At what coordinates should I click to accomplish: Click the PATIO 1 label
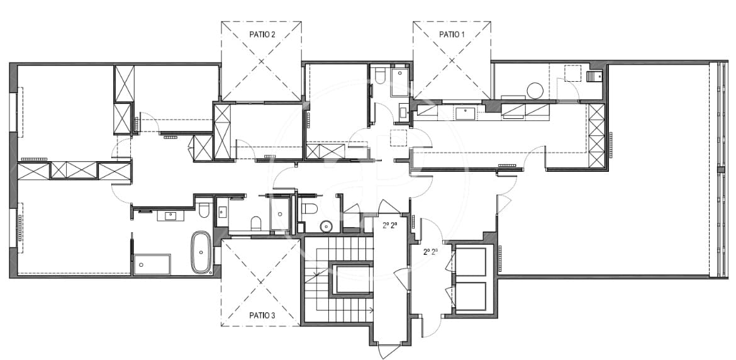pyautogui.click(x=452, y=35)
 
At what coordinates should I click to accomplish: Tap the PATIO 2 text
pyautogui.click(x=261, y=35)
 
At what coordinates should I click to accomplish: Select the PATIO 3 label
pyautogui.click(x=261, y=315)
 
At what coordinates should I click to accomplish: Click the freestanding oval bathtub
pyautogui.click(x=201, y=252)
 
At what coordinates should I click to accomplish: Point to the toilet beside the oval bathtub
pyautogui.click(x=203, y=210)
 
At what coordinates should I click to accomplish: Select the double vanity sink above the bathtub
pyautogui.click(x=170, y=216)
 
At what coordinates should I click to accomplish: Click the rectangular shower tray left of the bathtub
pyautogui.click(x=152, y=264)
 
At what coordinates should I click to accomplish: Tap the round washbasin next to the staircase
pyautogui.click(x=326, y=226)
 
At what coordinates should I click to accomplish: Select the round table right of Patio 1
pyautogui.click(x=535, y=91)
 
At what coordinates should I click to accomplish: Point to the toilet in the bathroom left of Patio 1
pyautogui.click(x=379, y=76)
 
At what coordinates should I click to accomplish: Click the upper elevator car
pyautogui.click(x=471, y=261)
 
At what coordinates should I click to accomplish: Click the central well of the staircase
pyautogui.click(x=352, y=279)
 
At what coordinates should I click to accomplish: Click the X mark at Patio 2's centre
pyautogui.click(x=261, y=62)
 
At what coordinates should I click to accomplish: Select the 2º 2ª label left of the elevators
pyautogui.click(x=430, y=251)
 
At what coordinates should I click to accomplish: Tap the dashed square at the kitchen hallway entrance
pyautogui.click(x=399, y=137)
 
